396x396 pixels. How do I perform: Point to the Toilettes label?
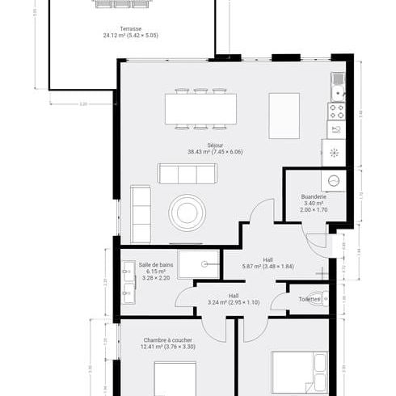point(309,299)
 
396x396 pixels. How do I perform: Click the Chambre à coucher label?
point(168,340)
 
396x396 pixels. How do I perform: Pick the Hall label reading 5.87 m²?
point(268,259)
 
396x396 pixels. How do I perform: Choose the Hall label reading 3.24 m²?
point(233,296)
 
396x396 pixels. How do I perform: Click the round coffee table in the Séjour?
point(187,213)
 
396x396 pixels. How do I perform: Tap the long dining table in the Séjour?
point(195,107)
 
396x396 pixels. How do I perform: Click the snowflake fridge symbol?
point(334,152)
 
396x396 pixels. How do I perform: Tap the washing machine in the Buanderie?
point(334,181)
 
